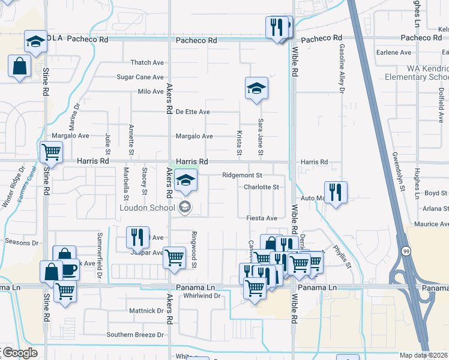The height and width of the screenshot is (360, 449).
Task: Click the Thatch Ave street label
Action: (x=147, y=62)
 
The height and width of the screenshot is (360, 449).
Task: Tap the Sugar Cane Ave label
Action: (x=140, y=77)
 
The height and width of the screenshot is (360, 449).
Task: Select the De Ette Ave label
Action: (x=193, y=112)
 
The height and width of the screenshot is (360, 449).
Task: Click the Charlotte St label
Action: (x=261, y=187)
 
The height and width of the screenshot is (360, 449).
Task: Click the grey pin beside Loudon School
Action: (x=185, y=208)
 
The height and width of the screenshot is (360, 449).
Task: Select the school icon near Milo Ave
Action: (x=256, y=89)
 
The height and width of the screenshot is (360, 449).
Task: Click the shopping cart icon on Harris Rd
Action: (x=52, y=152)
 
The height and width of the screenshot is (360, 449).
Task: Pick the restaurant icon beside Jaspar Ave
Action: (x=137, y=237)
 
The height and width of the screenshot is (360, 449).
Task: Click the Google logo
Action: (x=19, y=353)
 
